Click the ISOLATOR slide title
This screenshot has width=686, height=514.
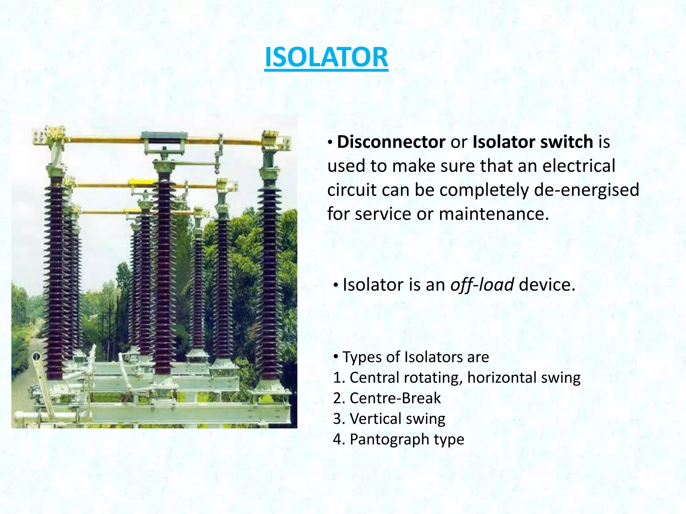[326, 58]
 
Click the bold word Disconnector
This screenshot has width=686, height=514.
[391, 142]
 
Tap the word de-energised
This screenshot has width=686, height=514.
[587, 190]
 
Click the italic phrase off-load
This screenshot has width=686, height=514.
[482, 285]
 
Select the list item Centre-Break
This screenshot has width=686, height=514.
[395, 398]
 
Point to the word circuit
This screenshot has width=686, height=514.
[352, 190]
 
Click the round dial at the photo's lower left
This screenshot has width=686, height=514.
[37, 357]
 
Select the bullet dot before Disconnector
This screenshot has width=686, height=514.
[330, 143]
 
